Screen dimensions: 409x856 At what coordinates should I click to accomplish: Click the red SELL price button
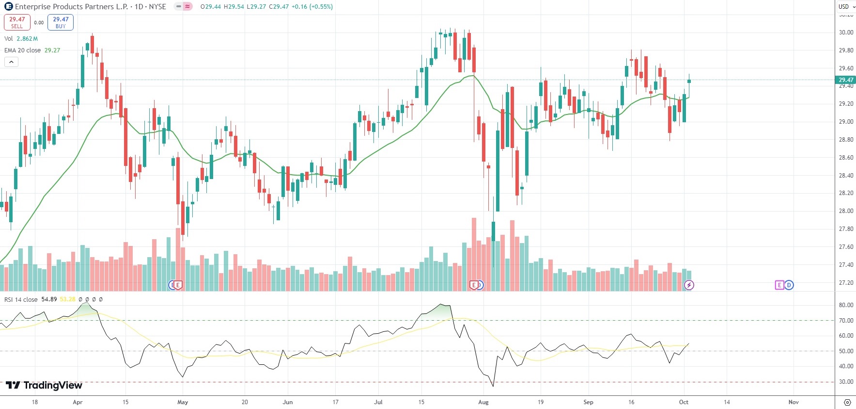(17, 22)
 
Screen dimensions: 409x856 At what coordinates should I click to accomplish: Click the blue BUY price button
(61, 22)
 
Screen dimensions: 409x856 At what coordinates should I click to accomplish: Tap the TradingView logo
(44, 385)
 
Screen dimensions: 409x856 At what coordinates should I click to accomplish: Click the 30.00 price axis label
(846, 33)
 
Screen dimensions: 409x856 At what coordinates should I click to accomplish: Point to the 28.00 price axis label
(846, 211)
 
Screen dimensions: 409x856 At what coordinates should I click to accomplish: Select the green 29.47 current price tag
(846, 80)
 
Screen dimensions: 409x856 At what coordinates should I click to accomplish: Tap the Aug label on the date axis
(483, 402)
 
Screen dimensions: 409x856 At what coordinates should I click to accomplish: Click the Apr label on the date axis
(78, 402)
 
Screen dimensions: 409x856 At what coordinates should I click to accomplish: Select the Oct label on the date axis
(684, 402)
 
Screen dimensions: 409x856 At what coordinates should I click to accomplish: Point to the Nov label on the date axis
(794, 402)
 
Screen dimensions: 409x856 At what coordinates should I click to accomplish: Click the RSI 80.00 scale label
(846, 305)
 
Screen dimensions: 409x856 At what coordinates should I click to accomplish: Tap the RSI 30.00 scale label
(846, 382)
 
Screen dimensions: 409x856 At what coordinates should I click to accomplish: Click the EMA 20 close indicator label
(22, 50)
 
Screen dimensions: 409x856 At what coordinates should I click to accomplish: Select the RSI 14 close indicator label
(21, 299)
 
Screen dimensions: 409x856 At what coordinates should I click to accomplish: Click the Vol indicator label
(9, 39)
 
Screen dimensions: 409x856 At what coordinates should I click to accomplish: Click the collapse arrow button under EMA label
(11, 62)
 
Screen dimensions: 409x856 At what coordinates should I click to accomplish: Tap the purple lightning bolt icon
(689, 285)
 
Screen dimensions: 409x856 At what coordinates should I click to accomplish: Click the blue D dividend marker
(789, 285)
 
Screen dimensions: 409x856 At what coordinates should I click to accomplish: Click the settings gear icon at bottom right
(847, 402)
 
